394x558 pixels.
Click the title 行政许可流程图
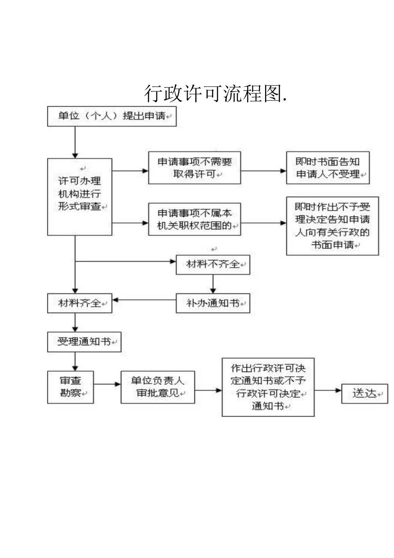click(215, 94)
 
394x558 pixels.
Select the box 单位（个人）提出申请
click(111, 116)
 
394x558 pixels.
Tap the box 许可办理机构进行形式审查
click(80, 196)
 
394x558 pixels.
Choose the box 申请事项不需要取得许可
click(194, 168)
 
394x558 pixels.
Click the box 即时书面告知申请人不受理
click(328, 168)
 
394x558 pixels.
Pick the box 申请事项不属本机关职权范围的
click(194, 219)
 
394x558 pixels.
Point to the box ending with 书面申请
click(332, 226)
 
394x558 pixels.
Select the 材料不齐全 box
click(213, 265)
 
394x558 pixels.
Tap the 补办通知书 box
click(213, 303)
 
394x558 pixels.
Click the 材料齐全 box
click(80, 303)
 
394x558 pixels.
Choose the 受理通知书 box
click(84, 342)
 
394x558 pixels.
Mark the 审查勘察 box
click(70, 387)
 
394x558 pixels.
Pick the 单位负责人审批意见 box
click(158, 387)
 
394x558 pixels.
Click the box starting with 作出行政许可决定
click(268, 387)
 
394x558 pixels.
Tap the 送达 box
click(364, 393)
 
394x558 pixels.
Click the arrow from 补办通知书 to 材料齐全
click(144, 300)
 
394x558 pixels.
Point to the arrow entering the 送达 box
click(328, 390)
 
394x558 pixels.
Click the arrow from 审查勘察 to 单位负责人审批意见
click(107, 384)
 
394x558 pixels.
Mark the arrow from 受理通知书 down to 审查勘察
click(75, 362)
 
